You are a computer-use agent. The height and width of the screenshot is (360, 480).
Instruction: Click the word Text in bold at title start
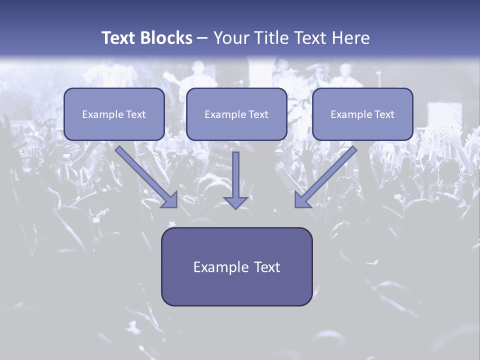coord(118,38)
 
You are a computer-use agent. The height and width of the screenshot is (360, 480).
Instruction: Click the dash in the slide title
coord(202,38)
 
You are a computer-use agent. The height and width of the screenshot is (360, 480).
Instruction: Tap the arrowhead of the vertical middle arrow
coord(235,202)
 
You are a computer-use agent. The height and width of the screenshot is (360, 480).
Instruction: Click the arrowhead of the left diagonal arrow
coord(170,200)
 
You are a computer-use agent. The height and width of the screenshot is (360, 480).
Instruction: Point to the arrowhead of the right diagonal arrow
coord(302,200)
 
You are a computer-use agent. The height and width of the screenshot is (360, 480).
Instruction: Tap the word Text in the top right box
coord(384,114)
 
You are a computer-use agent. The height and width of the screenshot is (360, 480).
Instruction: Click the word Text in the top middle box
coord(258,114)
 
